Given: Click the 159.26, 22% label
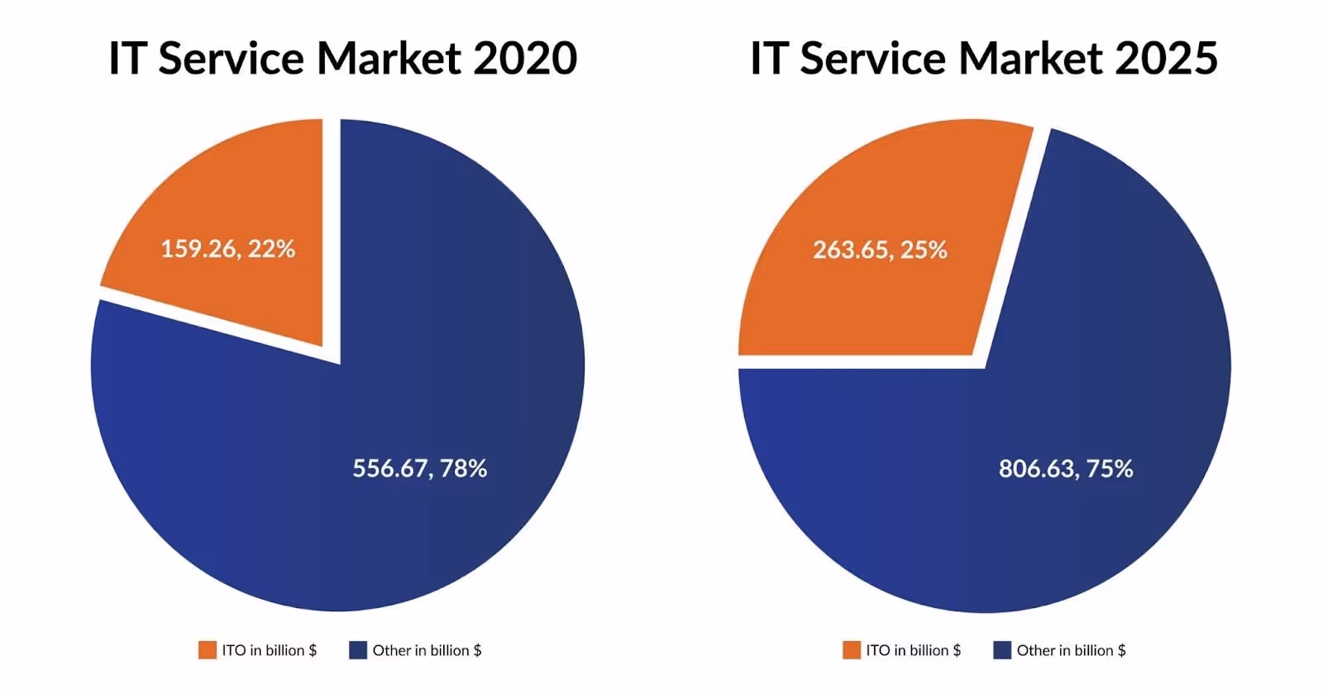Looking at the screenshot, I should click(x=227, y=249).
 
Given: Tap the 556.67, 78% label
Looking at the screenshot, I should click(x=419, y=469).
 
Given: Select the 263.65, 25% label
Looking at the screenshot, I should click(x=880, y=250).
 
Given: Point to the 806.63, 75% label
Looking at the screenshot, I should click(x=1065, y=469).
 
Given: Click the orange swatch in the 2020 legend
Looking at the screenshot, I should click(x=207, y=650).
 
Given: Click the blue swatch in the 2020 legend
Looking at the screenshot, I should click(x=357, y=650).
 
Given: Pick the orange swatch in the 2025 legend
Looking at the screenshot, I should click(x=851, y=650).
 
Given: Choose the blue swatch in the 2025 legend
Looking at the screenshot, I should click(x=1001, y=650).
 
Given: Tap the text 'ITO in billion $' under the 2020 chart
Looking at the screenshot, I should click(x=269, y=650).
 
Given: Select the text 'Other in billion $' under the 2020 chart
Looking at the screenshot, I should click(x=427, y=650).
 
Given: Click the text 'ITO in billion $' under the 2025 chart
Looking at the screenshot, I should click(x=913, y=650).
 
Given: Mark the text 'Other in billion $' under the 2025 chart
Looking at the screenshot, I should click(x=1071, y=650).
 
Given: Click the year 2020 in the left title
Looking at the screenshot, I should click(x=525, y=59).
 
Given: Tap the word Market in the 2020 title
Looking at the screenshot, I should click(x=389, y=59).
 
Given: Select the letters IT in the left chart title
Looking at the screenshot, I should click(x=127, y=59).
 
